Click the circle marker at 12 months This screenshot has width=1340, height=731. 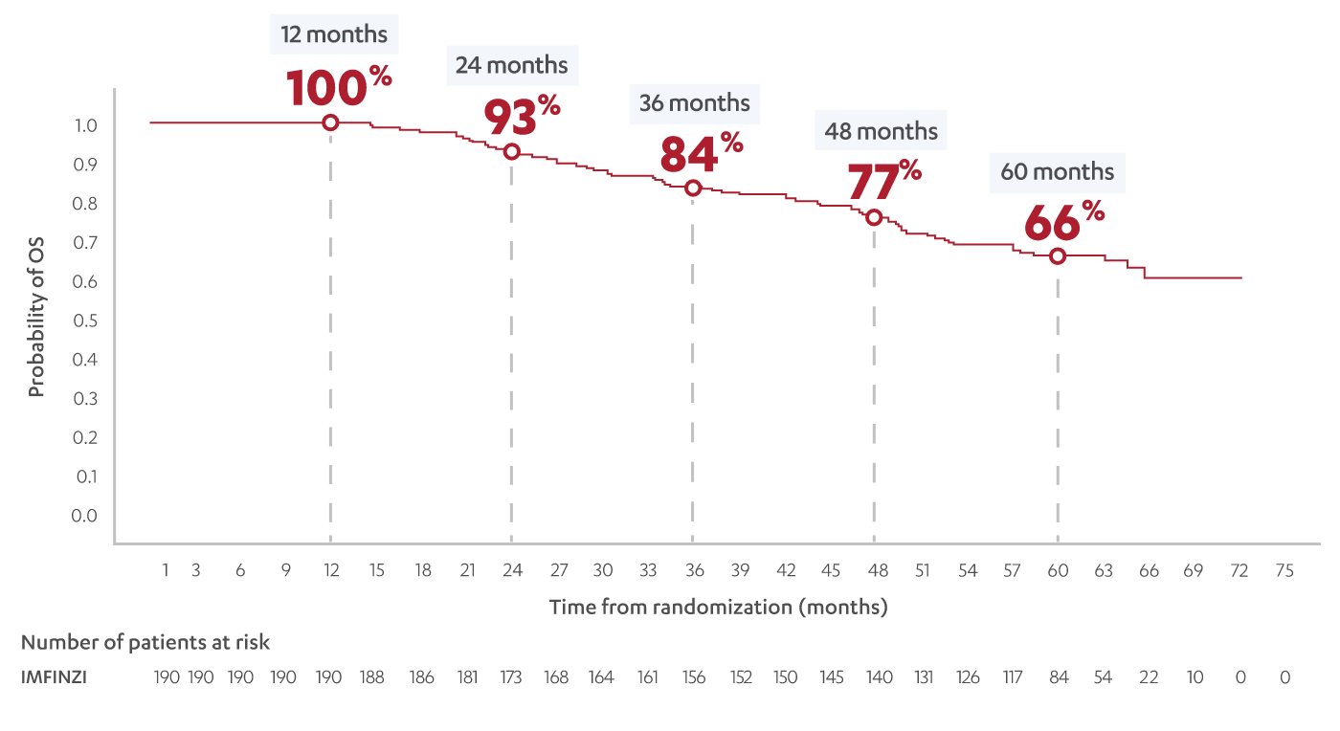point(330,122)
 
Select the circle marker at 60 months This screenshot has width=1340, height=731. point(1058,256)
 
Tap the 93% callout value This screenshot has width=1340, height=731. point(521,116)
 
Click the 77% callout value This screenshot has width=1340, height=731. point(883,181)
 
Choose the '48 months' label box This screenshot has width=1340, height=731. point(881,130)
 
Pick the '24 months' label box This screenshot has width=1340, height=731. point(511,65)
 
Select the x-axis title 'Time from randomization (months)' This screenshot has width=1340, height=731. point(718,608)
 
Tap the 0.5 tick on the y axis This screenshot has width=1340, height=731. point(85,321)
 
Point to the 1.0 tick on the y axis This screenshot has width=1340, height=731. point(85,126)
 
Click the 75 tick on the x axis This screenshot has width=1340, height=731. point(1284,571)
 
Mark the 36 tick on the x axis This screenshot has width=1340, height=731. point(694,571)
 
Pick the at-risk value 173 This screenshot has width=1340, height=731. point(511,677)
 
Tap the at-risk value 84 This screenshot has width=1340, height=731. point(1058,677)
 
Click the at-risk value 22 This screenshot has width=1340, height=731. point(1149,677)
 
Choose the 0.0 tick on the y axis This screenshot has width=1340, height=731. point(85,516)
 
